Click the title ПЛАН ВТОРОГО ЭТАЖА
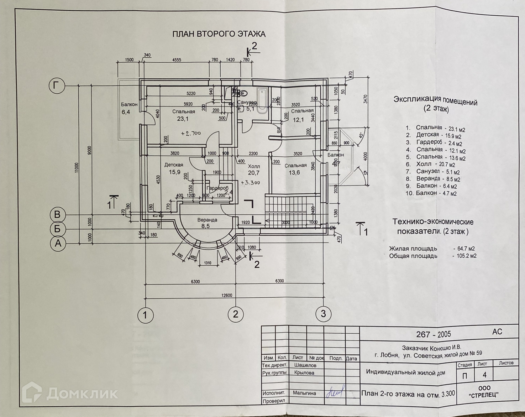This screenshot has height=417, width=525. coord(219,34)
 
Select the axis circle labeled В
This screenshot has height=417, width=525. coord(57,215)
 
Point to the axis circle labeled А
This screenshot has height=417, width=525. coord(57,244)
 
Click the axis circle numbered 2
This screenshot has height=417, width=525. coord(235,314)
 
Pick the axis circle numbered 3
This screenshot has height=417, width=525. coord(323,314)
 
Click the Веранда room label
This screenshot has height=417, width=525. coord(207,220)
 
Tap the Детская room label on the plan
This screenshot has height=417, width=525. coord(174,165)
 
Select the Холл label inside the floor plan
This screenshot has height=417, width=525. coord(254,166)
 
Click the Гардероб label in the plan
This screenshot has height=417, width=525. coord(217,188)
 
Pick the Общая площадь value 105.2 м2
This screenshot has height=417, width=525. coord(464,256)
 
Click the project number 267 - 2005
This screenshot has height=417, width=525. coord(434,334)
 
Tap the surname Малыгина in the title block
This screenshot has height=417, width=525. coord(304,393)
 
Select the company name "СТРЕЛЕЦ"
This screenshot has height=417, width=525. coord(484,394)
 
